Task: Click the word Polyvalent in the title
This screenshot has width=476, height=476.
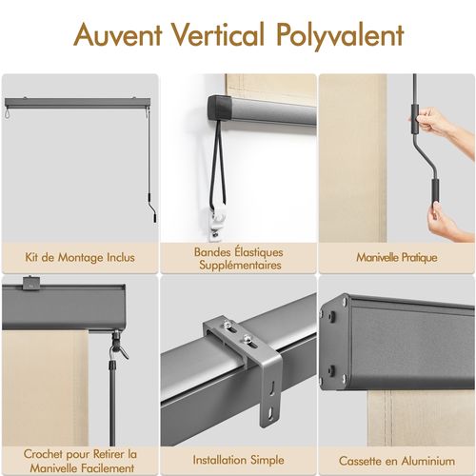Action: (342, 36)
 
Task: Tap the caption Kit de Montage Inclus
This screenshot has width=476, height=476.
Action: (80, 257)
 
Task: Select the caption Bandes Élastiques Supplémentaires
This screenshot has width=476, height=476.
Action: (238, 258)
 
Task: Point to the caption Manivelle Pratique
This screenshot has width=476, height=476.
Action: (396, 257)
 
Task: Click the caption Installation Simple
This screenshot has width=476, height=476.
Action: (238, 460)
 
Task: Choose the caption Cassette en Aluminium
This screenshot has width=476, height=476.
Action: (396, 460)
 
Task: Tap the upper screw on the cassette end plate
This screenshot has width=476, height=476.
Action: (341, 303)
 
